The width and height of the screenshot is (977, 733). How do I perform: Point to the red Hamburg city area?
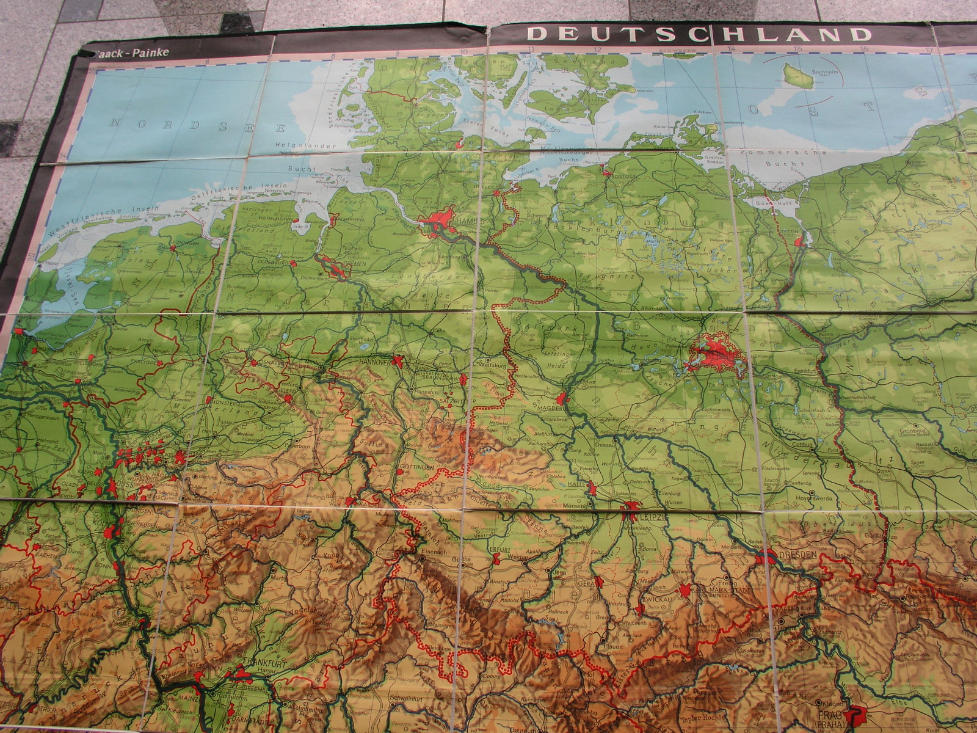coord(441,220)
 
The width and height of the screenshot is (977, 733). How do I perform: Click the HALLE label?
coord(578,484)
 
